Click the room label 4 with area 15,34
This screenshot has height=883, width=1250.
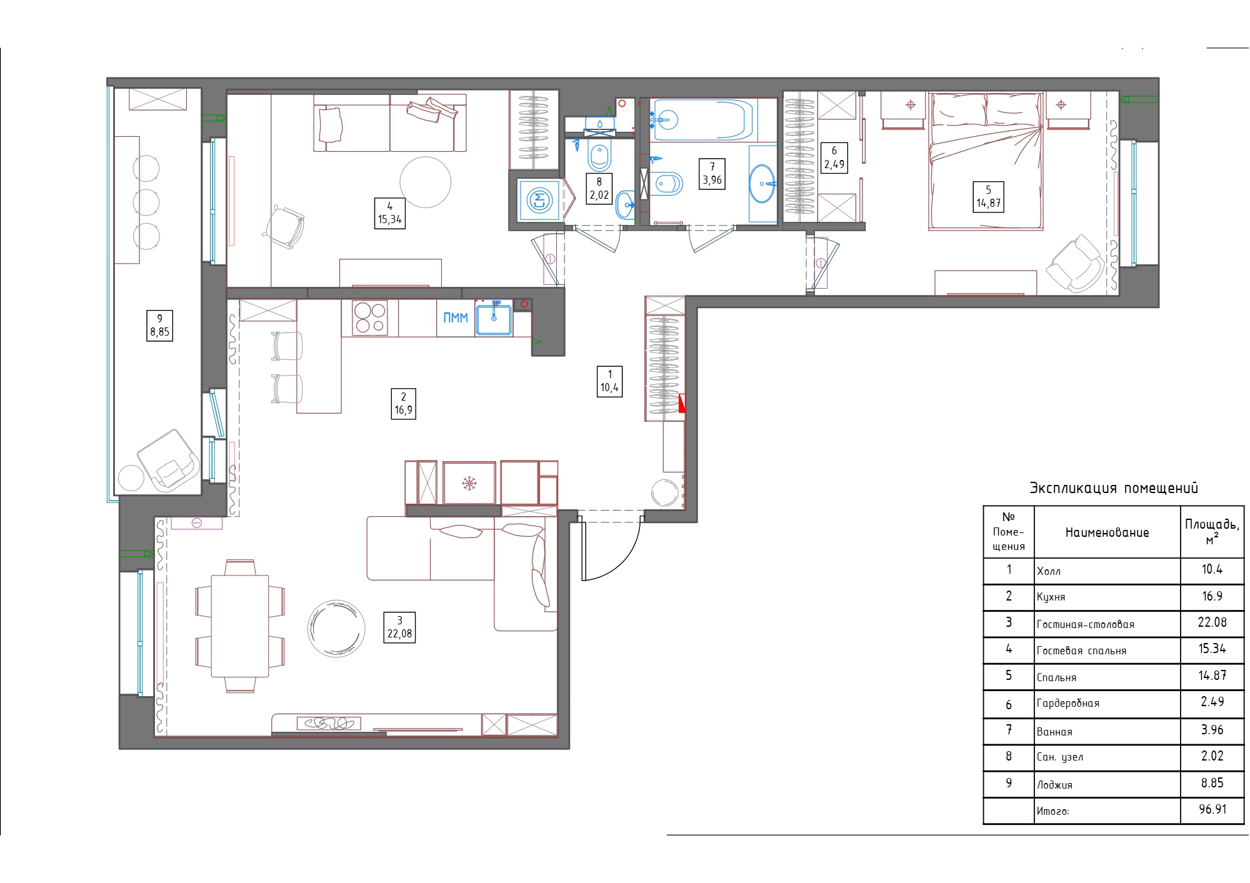tap(389, 213)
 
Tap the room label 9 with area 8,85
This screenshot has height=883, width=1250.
tap(159, 326)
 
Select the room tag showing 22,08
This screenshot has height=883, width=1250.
tap(399, 627)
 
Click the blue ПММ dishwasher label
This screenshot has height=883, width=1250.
tap(456, 318)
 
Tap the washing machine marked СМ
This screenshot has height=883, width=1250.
tap(539, 201)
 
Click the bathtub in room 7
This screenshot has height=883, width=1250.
tap(702, 119)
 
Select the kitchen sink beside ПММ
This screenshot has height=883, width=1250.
tap(494, 319)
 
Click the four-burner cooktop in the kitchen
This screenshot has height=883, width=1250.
tap(370, 318)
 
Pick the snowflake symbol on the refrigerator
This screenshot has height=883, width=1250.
tap(469, 483)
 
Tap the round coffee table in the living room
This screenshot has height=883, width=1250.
tap(336, 629)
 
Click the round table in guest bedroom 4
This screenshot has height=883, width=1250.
tap(425, 182)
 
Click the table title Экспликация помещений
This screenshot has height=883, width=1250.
tap(1114, 488)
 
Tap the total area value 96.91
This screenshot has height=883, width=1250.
tap(1212, 809)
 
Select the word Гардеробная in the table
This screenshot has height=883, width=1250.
tap(1067, 704)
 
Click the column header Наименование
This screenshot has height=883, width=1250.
tap(1107, 532)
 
